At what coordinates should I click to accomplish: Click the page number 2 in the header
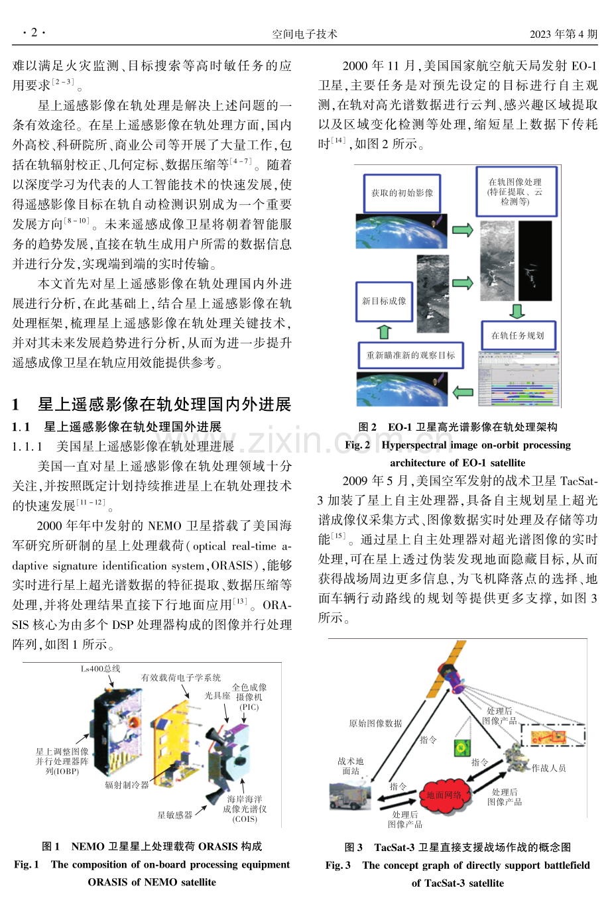point(34,32)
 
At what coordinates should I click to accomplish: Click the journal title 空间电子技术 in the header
point(304,34)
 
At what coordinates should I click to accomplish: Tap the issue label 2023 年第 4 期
point(564,34)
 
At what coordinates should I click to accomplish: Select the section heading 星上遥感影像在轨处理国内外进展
point(164,404)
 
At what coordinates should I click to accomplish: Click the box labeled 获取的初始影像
point(402,194)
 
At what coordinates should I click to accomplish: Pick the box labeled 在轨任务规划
point(518,335)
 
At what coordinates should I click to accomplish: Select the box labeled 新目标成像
point(384,302)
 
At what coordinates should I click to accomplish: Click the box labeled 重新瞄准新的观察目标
point(410,355)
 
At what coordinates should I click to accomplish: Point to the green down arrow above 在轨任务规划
point(517,311)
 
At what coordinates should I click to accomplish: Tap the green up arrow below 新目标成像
point(384,332)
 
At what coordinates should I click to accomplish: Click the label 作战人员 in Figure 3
point(548,768)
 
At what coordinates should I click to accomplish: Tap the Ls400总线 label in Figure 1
point(101,669)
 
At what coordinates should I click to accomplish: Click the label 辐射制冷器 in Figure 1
point(127,785)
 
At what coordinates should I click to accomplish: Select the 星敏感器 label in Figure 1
point(175,815)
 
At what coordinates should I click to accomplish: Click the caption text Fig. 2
point(357,445)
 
